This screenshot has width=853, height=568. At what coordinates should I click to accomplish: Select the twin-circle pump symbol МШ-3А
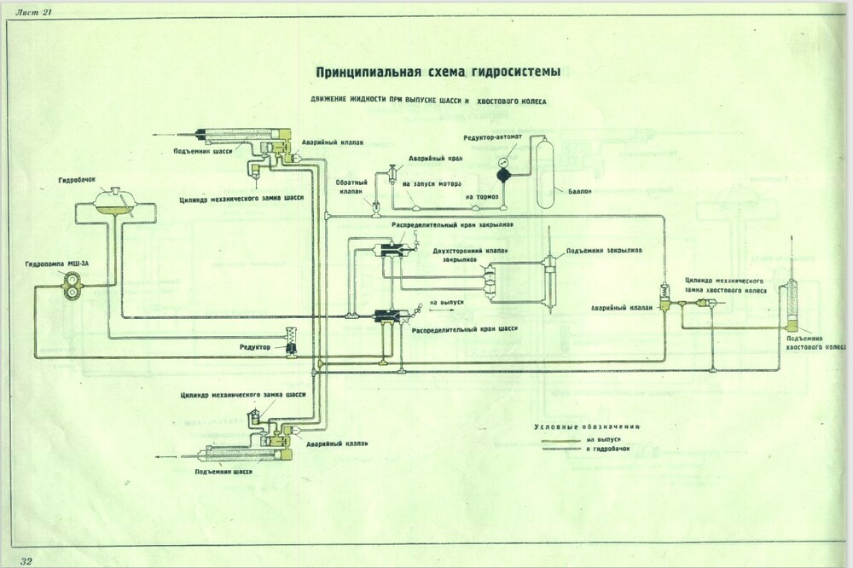[x=73, y=291]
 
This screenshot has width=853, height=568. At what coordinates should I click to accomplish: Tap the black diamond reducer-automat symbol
[x=503, y=173]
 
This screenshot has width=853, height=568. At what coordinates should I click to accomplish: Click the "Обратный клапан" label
[x=352, y=187]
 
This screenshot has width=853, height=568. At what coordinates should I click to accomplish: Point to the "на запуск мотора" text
[x=432, y=183]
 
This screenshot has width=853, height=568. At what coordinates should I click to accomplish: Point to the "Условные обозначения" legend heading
[x=587, y=426]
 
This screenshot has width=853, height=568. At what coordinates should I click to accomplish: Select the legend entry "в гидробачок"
[x=608, y=449]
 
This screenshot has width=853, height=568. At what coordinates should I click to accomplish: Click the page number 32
[x=26, y=559]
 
